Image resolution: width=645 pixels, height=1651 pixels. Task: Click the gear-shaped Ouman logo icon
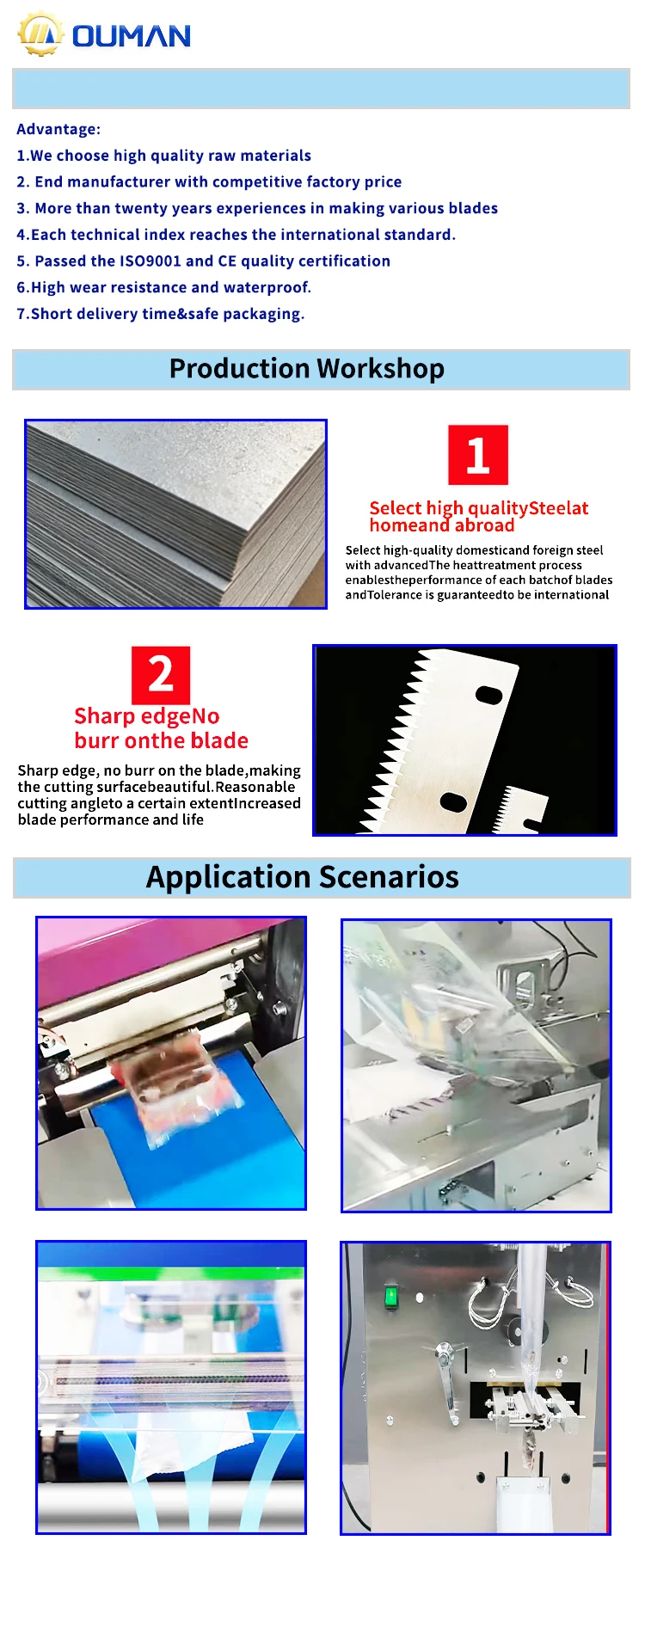click(x=40, y=34)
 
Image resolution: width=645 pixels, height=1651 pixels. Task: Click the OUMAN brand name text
click(x=132, y=36)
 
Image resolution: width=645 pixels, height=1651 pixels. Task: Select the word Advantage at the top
click(x=56, y=129)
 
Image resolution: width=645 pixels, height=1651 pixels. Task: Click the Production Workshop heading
click(x=307, y=369)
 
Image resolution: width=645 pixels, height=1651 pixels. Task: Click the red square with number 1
click(x=478, y=455)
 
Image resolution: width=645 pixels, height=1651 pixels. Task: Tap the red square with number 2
click(x=161, y=675)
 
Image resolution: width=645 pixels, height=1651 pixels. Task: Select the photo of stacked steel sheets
click(x=175, y=514)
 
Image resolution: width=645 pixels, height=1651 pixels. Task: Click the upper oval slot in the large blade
click(x=489, y=694)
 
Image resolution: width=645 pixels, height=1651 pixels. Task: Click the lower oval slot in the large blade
click(x=453, y=801)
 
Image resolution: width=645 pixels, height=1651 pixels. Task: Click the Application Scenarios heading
click(x=303, y=877)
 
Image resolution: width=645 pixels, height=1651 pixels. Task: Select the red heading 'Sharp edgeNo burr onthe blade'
click(x=161, y=728)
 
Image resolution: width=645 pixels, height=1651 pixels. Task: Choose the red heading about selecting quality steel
click(x=479, y=517)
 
